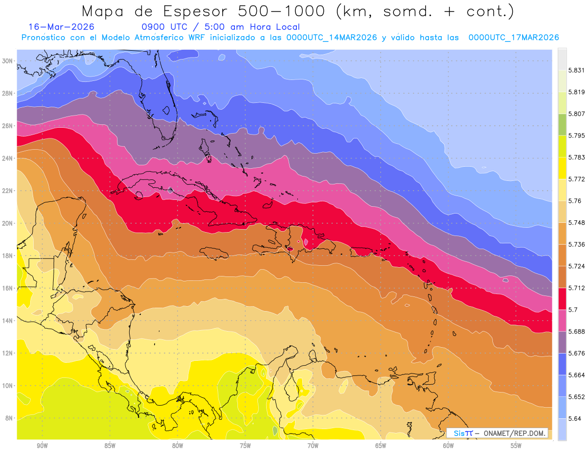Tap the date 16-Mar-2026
point(61,27)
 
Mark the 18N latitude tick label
point(9,255)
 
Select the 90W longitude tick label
point(42,445)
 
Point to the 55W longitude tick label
point(516,445)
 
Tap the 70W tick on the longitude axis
point(313,445)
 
